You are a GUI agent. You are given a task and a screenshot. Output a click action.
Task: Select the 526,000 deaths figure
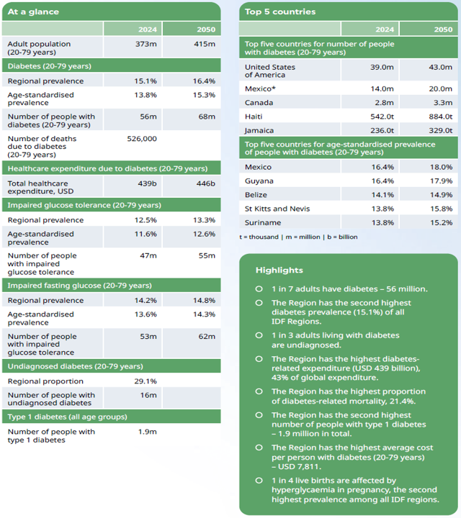point(140,138)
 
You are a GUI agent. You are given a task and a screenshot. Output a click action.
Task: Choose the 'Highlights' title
point(279,270)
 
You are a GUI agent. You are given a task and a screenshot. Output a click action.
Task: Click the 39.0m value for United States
point(382,67)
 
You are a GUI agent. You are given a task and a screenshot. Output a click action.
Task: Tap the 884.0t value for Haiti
point(440,116)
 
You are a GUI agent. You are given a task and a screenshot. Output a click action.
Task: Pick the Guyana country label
point(259,181)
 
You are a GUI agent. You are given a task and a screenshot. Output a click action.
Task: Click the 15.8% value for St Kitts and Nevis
point(440,209)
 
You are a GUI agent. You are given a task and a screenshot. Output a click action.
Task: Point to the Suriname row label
point(263,222)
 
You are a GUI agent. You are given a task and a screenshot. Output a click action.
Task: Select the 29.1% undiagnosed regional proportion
point(145,381)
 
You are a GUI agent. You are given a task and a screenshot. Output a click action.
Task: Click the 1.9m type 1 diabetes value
point(147,432)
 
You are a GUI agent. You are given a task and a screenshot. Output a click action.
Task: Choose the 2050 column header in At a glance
point(205,29)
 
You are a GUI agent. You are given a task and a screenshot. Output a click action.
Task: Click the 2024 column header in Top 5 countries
point(385,29)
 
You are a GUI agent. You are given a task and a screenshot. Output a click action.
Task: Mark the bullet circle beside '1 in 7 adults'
point(259,288)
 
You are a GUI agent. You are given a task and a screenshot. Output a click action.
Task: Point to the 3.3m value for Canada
point(442,102)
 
